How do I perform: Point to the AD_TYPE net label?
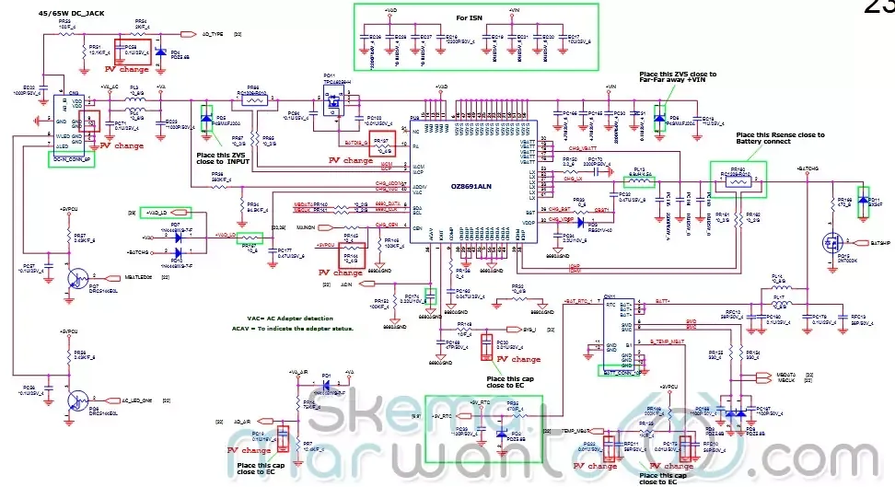click(214, 33)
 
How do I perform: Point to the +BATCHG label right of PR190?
click(808, 170)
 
